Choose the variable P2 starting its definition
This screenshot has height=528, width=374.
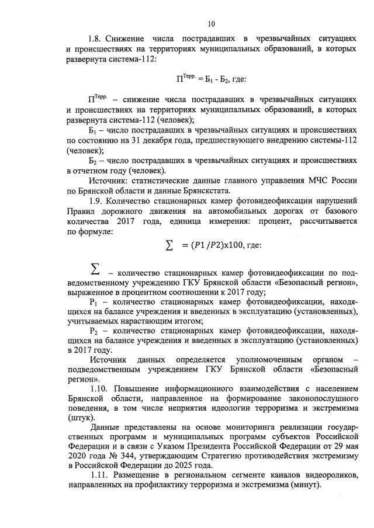point(94,330)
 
